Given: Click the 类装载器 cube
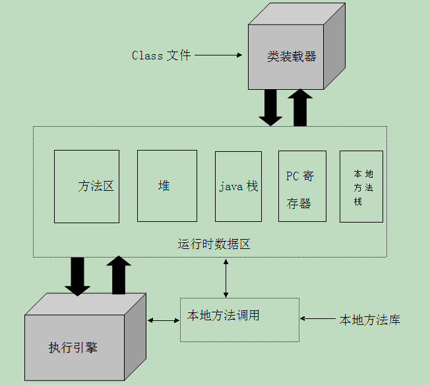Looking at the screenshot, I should pyautogui.click(x=292, y=57).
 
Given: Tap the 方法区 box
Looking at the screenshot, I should pyautogui.click(x=86, y=186).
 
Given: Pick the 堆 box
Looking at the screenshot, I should pyautogui.click(x=167, y=186).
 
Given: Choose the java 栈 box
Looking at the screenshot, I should pyautogui.click(x=238, y=186).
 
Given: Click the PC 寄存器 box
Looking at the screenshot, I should pyautogui.click(x=301, y=190).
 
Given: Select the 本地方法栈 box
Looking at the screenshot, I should pyautogui.click(x=361, y=186).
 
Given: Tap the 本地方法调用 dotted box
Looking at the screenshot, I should pyautogui.click(x=239, y=320).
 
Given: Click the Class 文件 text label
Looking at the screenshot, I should pyautogui.click(x=161, y=55).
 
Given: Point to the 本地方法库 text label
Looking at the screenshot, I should pyautogui.click(x=369, y=320).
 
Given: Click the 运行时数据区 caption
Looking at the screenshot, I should pyautogui.click(x=214, y=244).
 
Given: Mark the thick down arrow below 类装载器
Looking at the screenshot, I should pyautogui.click(x=270, y=107).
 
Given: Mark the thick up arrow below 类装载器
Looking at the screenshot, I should pyautogui.click(x=300, y=107).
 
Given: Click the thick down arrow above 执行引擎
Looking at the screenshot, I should pyautogui.click(x=78, y=276).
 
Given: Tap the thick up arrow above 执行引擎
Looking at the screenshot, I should pyautogui.click(x=119, y=275).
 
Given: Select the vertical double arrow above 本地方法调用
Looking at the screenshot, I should pyautogui.click(x=226, y=278).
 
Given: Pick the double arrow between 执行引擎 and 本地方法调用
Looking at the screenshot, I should pyautogui.click(x=164, y=321).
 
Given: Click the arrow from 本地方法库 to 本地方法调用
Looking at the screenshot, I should pyautogui.click(x=318, y=319).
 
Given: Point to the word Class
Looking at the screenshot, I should pyautogui.click(x=147, y=55).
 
